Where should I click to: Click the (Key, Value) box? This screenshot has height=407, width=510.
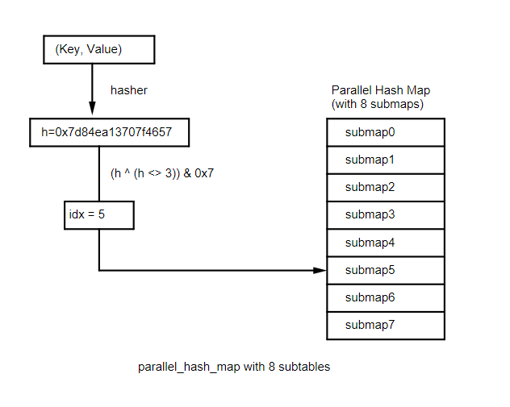coord(97,50)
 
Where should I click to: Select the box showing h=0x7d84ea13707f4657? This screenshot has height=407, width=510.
coord(115,133)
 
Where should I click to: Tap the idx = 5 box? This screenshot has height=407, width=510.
coord(98,215)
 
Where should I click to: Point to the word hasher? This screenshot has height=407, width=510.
coord(128,90)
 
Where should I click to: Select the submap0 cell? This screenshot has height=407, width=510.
coord(386,132)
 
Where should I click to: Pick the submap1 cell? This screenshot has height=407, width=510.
coord(386,160)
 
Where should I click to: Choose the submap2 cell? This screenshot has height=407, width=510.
coord(386,187)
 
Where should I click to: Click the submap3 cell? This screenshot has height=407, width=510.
coord(386,214)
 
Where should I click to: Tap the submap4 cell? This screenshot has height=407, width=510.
coord(386,242)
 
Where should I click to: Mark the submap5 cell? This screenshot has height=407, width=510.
coord(386,270)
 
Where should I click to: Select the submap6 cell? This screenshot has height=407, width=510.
coord(386,297)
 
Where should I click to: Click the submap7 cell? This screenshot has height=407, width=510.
coord(386,325)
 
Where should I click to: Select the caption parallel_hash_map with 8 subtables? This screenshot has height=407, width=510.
coord(234,367)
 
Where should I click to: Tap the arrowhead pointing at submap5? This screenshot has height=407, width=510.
coord(320,270)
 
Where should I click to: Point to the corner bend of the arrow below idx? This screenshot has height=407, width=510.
coord(98,270)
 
